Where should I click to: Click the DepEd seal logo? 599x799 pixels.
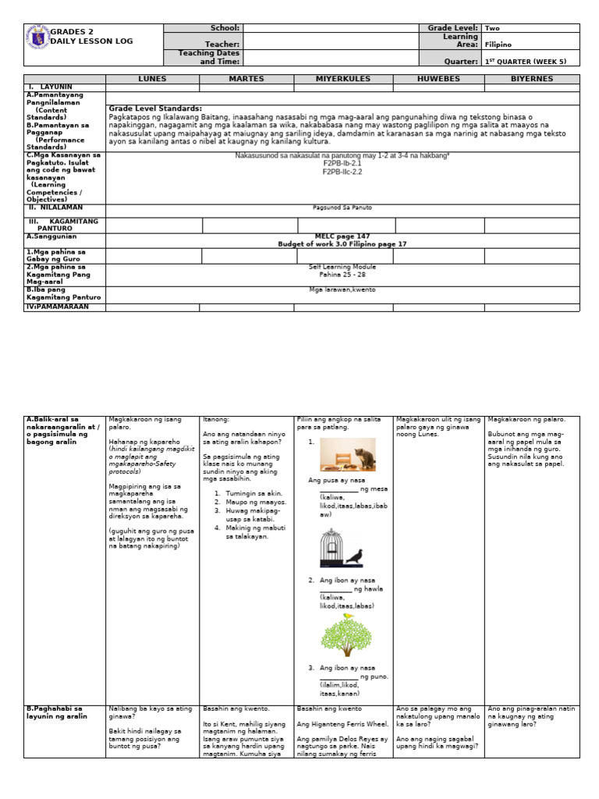(37, 37)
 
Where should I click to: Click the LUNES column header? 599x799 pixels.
(152, 79)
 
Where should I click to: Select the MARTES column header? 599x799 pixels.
(246, 79)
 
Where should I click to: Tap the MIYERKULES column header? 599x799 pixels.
(343, 79)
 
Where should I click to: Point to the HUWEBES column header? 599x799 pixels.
(439, 79)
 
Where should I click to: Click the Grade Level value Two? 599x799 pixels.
(492, 27)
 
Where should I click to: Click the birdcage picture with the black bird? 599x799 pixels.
(341, 548)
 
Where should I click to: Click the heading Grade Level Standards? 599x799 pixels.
(155, 108)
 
